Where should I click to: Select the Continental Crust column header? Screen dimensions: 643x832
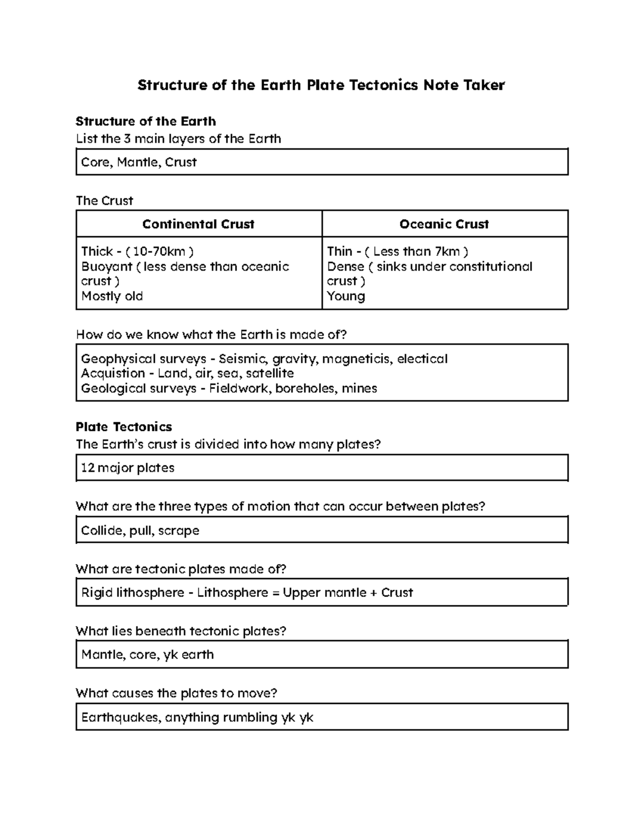click(198, 224)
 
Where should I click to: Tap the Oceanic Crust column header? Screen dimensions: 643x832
click(444, 224)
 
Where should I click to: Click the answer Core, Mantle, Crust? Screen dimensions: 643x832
click(139, 162)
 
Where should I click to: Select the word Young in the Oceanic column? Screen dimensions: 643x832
click(346, 296)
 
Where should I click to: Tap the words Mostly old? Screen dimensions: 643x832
click(112, 296)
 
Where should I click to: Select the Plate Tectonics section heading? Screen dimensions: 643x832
click(124, 427)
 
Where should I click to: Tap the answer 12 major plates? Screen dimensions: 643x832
click(128, 468)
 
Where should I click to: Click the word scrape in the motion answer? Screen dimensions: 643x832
click(178, 530)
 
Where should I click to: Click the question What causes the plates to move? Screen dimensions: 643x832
click(176, 693)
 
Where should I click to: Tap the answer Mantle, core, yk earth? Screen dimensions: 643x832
click(147, 655)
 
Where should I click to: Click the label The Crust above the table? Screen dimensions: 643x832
click(104, 201)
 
